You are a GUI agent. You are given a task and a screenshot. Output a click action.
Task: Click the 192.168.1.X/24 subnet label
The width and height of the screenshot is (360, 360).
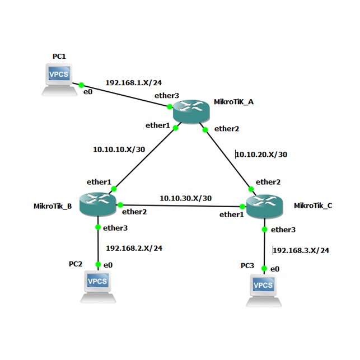point(129,82)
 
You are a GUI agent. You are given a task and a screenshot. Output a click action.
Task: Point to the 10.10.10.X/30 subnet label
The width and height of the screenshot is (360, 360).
point(118,149)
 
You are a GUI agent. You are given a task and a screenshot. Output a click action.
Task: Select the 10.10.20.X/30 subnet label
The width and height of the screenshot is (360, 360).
point(261,155)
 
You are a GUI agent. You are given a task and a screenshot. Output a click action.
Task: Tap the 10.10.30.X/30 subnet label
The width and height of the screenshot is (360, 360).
point(185,198)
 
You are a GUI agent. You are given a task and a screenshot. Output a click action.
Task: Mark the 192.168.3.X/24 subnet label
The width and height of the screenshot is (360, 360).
point(301,250)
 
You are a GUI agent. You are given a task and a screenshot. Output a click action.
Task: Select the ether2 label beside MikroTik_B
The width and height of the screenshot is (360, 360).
point(134,212)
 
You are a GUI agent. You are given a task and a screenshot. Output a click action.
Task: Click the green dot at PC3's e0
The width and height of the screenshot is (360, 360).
point(264,269)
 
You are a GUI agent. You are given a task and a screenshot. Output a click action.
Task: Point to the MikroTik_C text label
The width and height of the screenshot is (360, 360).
point(313,205)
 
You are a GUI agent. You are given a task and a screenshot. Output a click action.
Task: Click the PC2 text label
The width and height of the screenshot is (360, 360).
point(76,263)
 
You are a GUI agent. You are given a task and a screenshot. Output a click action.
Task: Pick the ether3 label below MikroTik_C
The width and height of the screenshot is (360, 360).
point(283,230)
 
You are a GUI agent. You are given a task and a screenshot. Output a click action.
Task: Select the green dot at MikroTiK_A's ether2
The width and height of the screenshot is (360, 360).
point(205,129)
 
